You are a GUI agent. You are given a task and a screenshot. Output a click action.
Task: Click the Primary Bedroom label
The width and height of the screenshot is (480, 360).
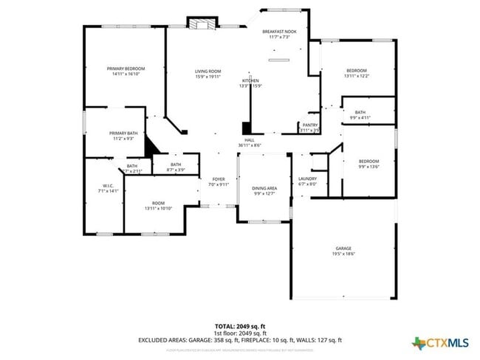[x=126, y=68]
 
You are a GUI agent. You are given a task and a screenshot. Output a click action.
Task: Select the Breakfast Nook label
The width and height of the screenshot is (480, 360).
[x=279, y=32]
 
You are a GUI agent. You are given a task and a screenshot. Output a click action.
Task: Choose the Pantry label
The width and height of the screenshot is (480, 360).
[x=310, y=125]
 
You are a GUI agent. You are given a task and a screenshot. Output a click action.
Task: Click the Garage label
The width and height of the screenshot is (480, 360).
[x=343, y=248]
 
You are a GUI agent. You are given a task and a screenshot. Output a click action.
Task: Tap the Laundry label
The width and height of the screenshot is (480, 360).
[x=307, y=179]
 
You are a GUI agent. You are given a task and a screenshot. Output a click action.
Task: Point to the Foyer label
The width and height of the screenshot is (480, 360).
[x=219, y=179]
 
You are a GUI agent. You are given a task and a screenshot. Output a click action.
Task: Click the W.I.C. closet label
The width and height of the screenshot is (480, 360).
[x=107, y=185]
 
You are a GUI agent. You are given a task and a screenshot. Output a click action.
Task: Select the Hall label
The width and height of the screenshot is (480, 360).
[x=250, y=139]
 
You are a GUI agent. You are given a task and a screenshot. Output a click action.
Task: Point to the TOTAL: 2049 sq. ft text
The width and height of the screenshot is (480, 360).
[x=240, y=325]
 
